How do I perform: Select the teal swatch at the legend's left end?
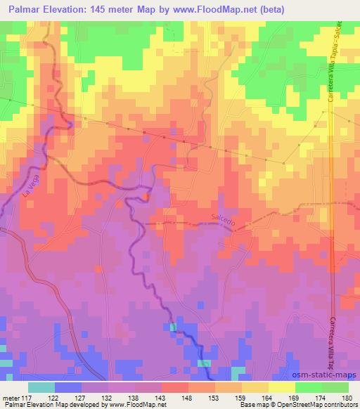coord(41,387)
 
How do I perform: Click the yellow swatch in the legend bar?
coord(281,387)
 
